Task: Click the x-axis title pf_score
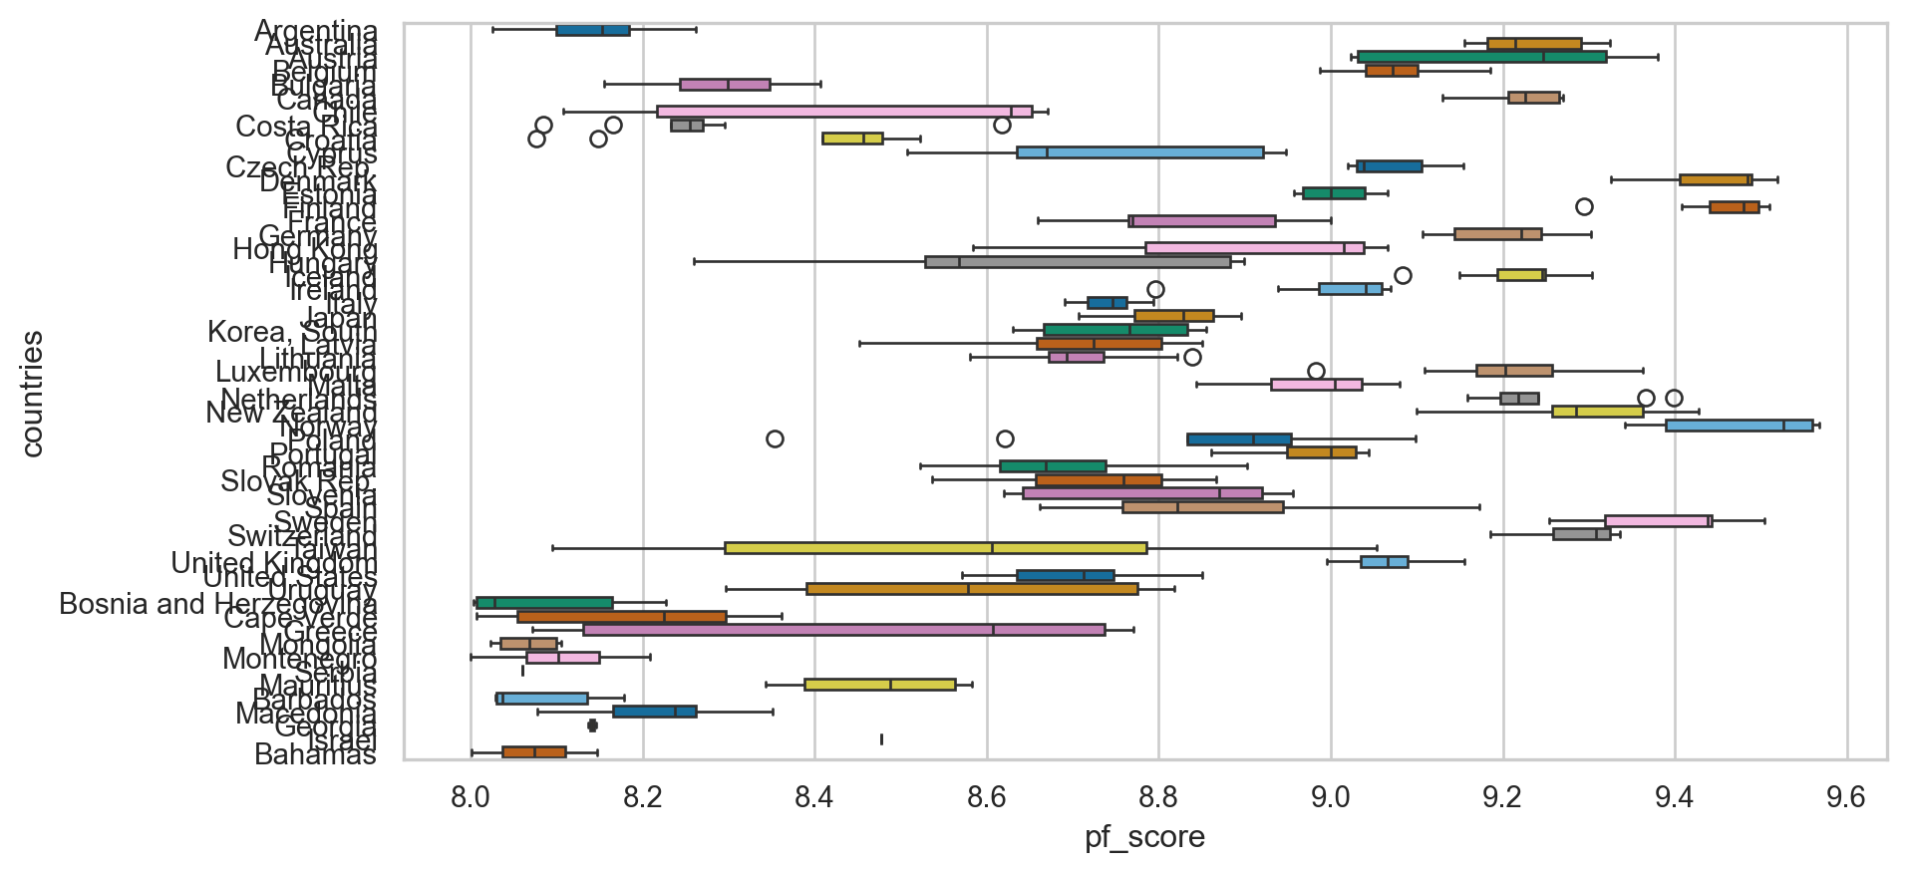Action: [x=1144, y=837]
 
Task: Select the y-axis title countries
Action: [x=32, y=394]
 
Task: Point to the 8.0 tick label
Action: [x=471, y=797]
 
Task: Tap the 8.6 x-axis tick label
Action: [x=987, y=797]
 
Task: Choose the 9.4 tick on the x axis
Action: [x=1675, y=797]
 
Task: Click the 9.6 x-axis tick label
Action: [x=1846, y=797]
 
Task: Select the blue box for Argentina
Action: [x=592, y=30]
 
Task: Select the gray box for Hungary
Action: [x=1077, y=262]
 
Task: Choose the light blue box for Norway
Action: [x=1739, y=426]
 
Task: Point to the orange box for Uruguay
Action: [x=972, y=589]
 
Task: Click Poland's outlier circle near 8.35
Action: [x=775, y=438]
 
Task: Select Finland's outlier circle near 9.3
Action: [x=1584, y=207]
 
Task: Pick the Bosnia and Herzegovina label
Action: [x=217, y=604]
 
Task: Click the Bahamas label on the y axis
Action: [x=315, y=754]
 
